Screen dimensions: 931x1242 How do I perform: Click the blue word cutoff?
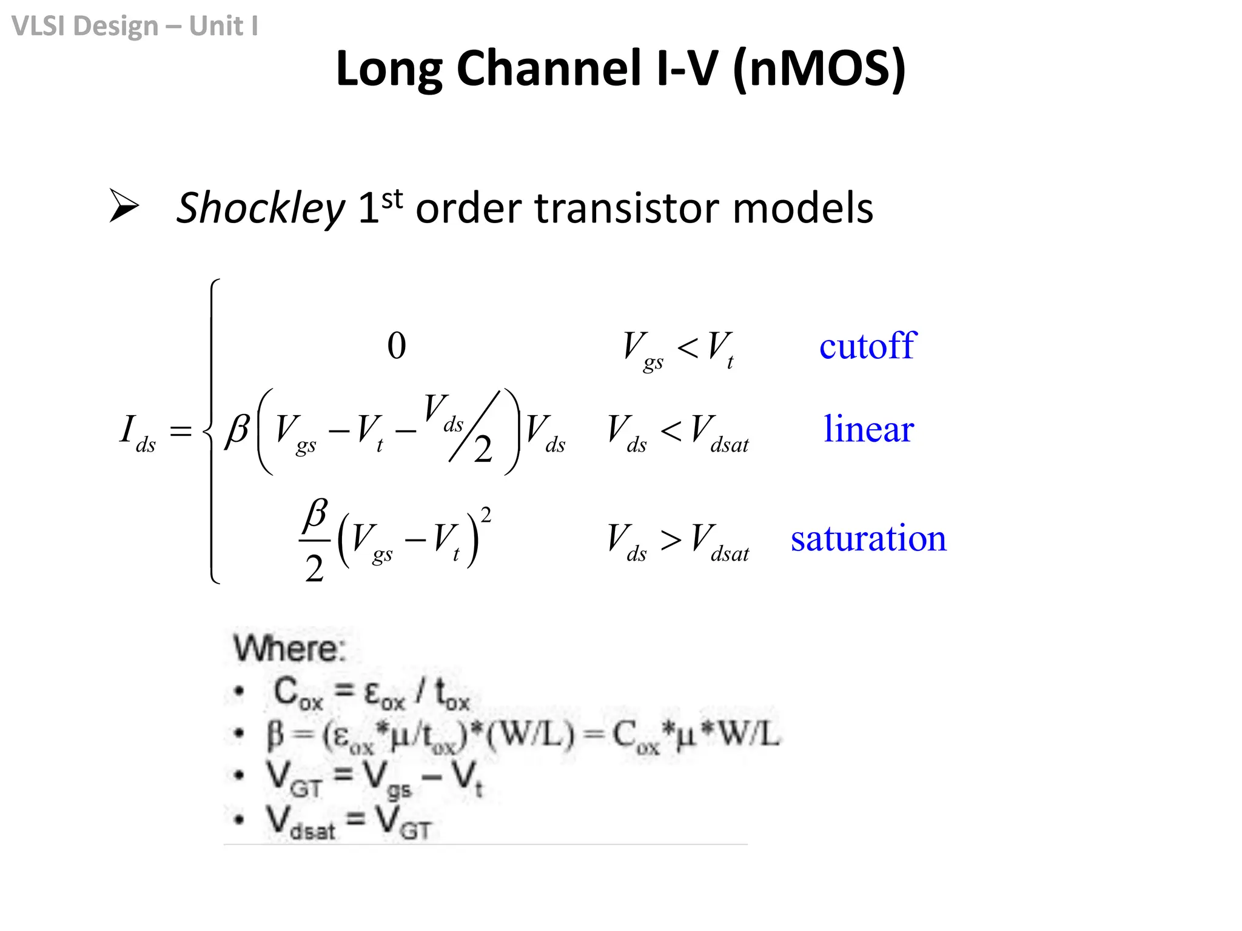coord(867,346)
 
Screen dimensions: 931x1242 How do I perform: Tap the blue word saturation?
coord(868,538)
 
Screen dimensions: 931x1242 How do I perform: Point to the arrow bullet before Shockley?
coord(124,205)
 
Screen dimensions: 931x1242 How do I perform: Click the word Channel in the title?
coord(548,68)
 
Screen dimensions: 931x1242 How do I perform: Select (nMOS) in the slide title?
coord(819,69)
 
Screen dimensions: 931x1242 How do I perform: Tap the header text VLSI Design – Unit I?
coord(135,26)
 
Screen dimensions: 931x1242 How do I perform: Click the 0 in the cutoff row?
coord(397,345)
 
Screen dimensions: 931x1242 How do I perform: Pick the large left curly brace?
coord(212,431)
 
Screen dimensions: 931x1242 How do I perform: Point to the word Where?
coord(290,649)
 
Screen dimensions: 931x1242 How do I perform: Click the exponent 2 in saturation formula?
coord(486,515)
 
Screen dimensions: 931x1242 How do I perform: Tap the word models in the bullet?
coord(803,209)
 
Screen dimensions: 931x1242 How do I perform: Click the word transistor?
coord(626,209)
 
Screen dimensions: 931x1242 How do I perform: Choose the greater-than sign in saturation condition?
coord(671,539)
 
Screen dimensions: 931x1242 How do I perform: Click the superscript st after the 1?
coord(392,198)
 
